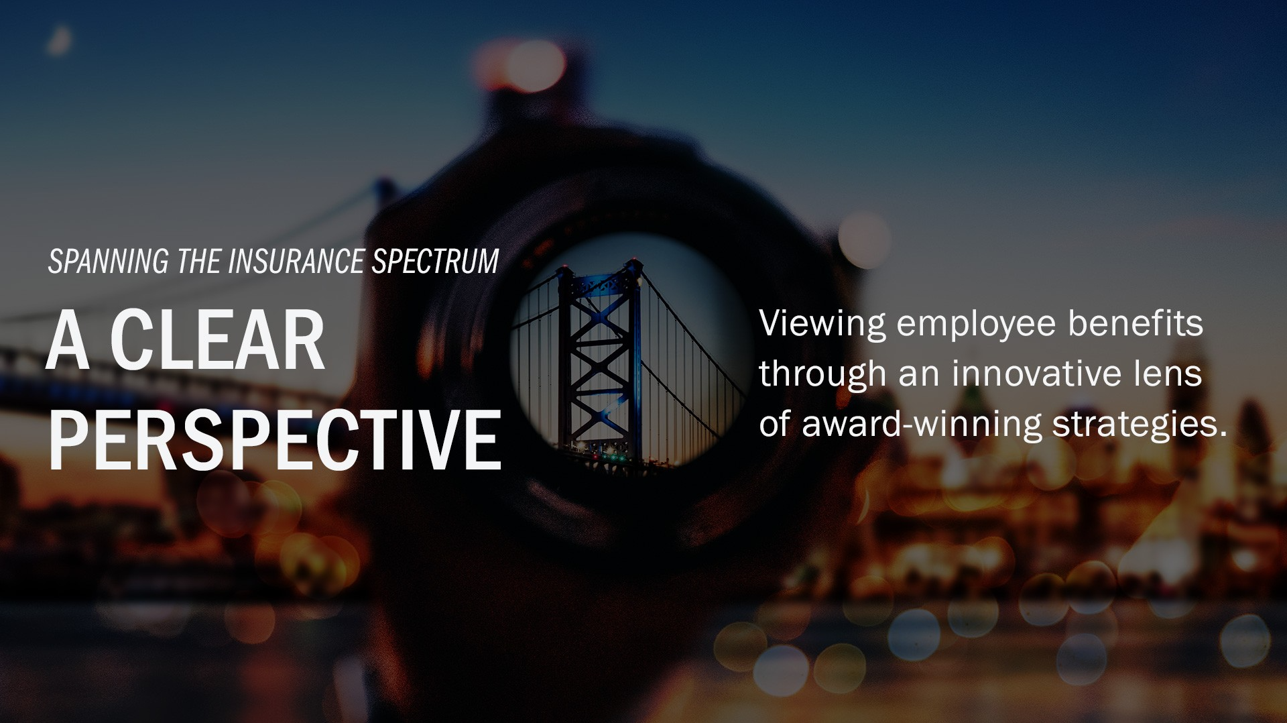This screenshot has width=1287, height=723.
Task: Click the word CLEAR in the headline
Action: [217, 340]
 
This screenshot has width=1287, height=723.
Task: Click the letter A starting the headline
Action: [68, 340]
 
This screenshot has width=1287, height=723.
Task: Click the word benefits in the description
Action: [1136, 323]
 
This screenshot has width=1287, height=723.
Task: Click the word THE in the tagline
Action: [199, 262]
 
